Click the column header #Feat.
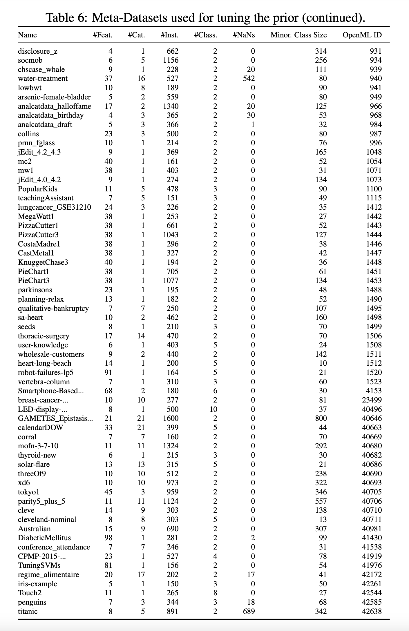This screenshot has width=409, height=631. (102, 35)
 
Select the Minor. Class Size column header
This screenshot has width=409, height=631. (298, 35)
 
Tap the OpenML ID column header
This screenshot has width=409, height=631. (362, 35)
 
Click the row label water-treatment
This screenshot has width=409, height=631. (43, 79)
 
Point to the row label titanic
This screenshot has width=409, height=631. (28, 612)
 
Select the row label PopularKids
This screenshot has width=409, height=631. (38, 189)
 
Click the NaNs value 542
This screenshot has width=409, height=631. (249, 79)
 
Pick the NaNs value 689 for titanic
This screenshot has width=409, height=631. (249, 612)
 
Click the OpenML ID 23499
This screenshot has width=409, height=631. (372, 400)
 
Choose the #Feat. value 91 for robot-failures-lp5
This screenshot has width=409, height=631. (108, 372)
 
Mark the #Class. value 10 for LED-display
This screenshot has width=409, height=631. (213, 409)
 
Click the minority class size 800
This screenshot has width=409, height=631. (321, 418)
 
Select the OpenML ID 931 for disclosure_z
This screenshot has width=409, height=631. (376, 51)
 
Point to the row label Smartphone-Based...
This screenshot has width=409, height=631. (51, 391)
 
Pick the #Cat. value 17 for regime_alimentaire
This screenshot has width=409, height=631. (141, 575)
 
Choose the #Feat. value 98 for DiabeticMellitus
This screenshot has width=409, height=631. (108, 538)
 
